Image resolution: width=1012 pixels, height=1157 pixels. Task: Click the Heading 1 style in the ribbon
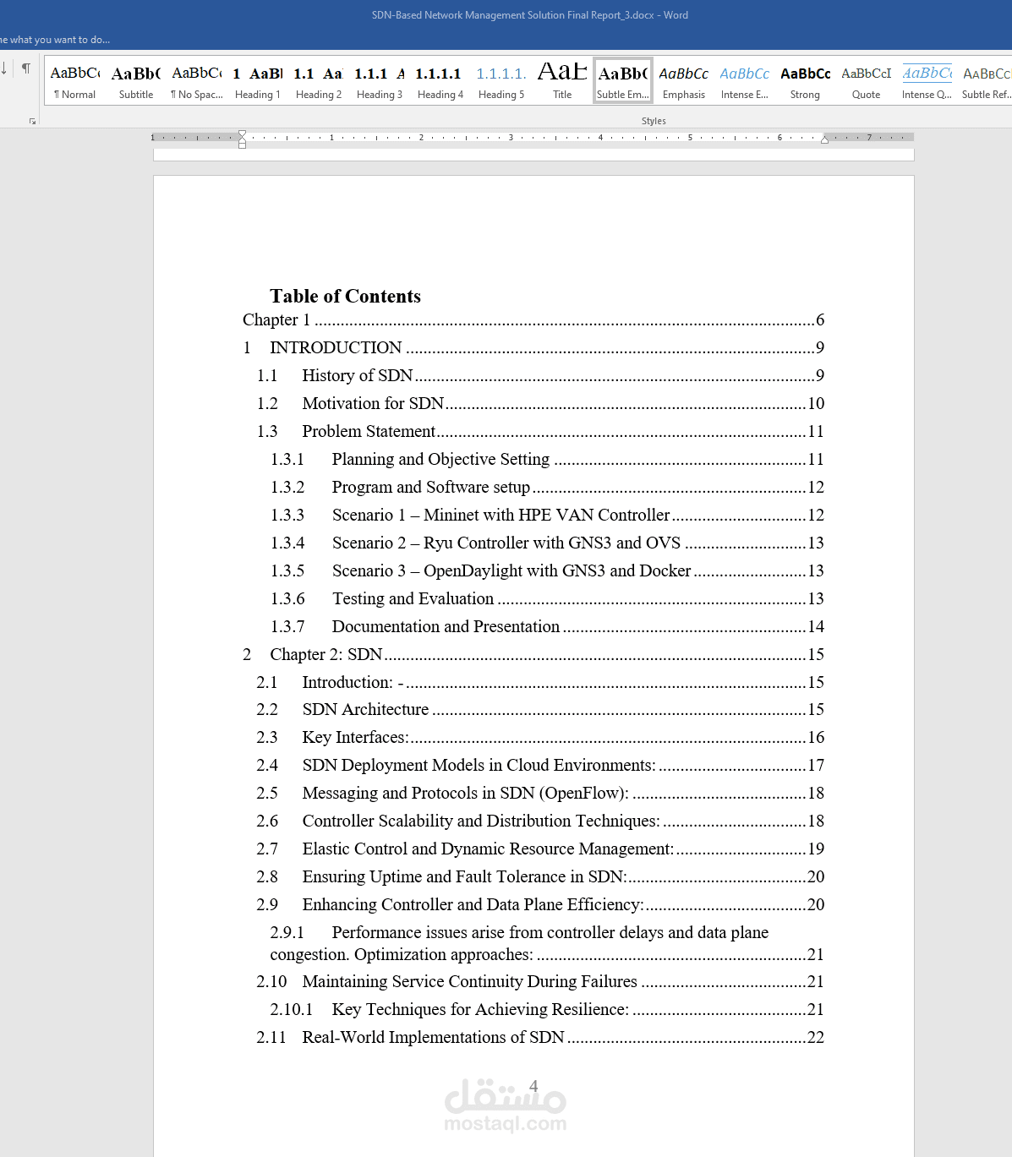pos(257,81)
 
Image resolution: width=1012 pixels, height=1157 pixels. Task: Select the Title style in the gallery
pos(562,81)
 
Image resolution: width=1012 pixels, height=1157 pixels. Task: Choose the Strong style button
pos(805,81)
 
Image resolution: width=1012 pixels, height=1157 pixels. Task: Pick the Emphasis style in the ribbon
pos(683,81)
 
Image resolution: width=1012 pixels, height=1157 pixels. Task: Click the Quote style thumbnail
pos(866,81)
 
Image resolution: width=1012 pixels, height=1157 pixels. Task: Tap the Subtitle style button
pos(136,81)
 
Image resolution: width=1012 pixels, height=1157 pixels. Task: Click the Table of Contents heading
pos(345,296)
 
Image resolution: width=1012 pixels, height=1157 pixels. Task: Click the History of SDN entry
pos(357,375)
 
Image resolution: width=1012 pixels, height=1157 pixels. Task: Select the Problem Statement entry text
pos(369,431)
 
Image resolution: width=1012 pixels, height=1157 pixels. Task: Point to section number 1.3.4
pos(287,543)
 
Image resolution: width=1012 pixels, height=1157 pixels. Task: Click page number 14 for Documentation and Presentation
pos(816,626)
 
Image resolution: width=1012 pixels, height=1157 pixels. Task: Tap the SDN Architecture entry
pos(365,709)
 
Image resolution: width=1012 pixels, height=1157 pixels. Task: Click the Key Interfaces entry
pos(355,737)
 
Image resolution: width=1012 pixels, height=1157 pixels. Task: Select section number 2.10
pos(271,981)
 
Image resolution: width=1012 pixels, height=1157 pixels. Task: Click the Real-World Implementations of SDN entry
pos(433,1037)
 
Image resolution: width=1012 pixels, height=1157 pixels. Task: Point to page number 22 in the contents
pos(816,1037)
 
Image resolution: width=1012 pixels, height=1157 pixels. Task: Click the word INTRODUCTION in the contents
pos(336,347)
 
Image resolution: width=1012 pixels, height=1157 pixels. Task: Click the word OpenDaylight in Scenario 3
pos(473,570)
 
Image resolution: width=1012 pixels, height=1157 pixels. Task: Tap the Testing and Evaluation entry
pos(413,598)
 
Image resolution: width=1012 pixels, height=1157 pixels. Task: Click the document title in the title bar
pos(529,15)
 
